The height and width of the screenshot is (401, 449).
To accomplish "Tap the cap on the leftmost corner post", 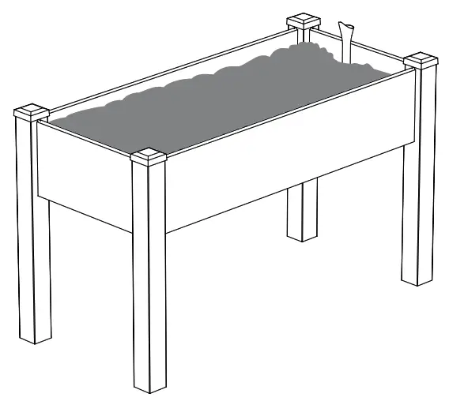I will (x=31, y=111).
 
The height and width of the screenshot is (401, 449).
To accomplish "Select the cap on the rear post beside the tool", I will (x=303, y=20).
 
